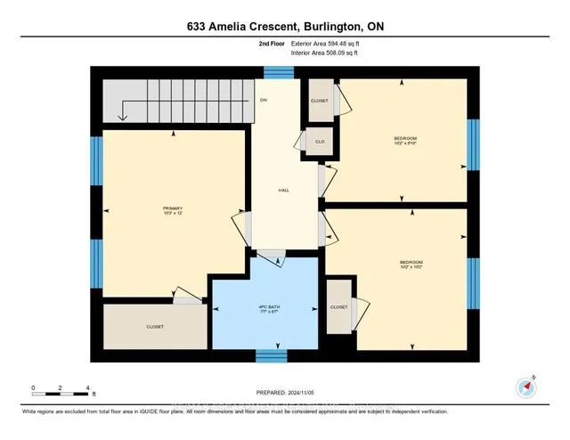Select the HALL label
[284, 191]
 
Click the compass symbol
[525, 387]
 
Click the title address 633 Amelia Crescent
[284, 27]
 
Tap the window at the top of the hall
[280, 72]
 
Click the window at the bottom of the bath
[271, 356]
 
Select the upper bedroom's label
[405, 140]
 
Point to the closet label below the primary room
[155, 327]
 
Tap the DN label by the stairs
[264, 100]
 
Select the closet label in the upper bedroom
[319, 101]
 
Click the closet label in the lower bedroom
[339, 307]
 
